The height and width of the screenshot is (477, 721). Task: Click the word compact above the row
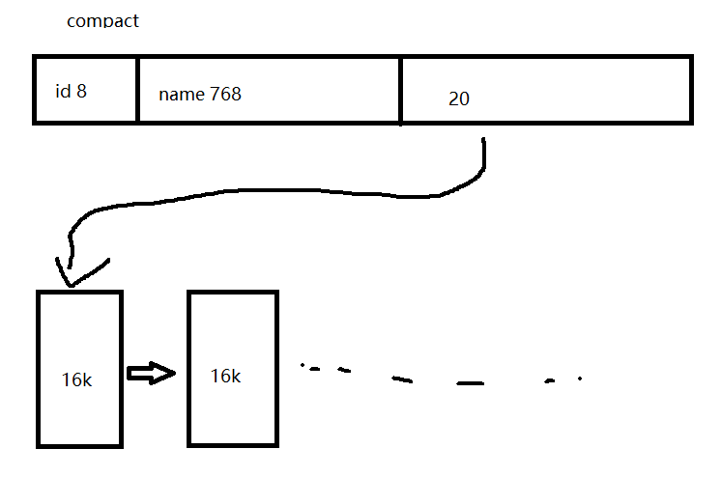[x=102, y=20]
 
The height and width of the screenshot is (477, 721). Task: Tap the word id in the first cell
[x=63, y=92]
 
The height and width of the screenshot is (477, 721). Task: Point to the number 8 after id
[x=82, y=92]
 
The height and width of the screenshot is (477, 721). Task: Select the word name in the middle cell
[x=181, y=95]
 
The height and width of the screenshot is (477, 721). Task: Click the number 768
[x=225, y=95]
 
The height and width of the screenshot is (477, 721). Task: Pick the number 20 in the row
[x=459, y=99]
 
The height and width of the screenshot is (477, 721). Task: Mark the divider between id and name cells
[x=137, y=90]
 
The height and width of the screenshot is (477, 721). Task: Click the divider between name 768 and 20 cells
[x=400, y=90]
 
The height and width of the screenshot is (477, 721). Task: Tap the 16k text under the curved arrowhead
[x=75, y=379]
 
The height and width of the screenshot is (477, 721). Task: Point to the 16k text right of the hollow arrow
[x=225, y=376]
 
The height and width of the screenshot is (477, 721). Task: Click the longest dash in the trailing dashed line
[x=471, y=383]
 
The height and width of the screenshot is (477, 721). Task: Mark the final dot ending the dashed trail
[x=580, y=379]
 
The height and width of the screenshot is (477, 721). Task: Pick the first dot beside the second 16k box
[x=303, y=366]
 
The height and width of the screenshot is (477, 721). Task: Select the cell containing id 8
[x=85, y=90]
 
